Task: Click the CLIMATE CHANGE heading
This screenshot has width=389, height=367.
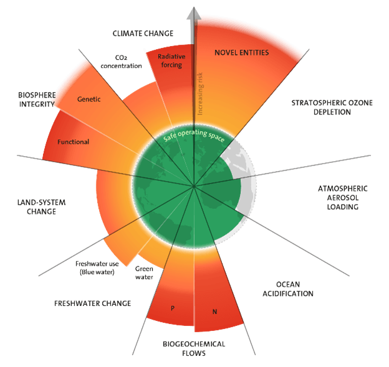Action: [x=143, y=33]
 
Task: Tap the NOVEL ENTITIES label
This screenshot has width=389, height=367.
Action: [x=241, y=53]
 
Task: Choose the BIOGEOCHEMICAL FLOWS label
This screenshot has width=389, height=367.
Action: [x=195, y=348]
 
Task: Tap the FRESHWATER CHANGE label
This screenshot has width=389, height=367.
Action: [x=92, y=304]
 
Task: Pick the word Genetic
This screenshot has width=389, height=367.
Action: [x=89, y=100]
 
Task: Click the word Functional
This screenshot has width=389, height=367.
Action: [x=74, y=142]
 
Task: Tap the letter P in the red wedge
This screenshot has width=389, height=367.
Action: [x=173, y=308]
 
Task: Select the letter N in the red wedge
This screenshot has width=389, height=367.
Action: [x=214, y=310]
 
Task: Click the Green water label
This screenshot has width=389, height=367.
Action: [x=144, y=272]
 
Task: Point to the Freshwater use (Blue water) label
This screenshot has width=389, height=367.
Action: [x=95, y=267]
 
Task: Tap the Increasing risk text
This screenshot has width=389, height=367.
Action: [x=200, y=94]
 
